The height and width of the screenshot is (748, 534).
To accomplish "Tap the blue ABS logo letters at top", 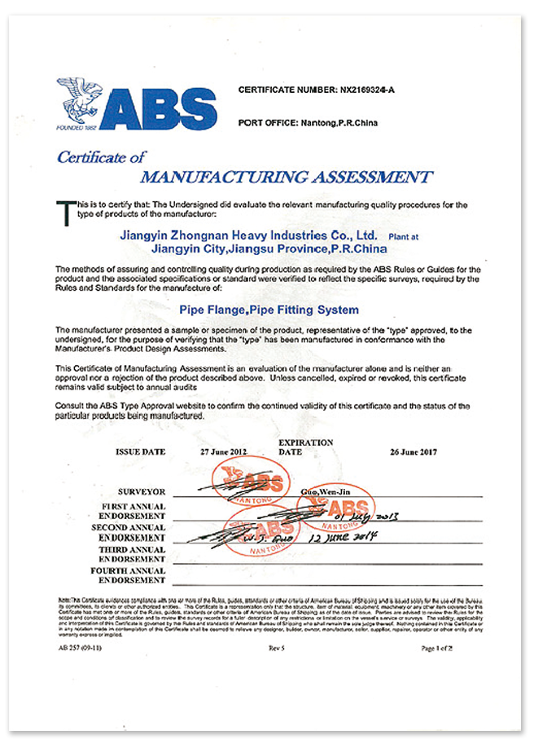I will (x=160, y=106).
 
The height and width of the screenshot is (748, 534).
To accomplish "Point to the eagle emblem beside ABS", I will (x=81, y=100).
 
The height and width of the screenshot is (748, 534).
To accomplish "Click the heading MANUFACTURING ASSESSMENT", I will (x=287, y=177).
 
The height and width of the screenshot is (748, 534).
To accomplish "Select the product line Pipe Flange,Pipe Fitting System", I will (x=269, y=310).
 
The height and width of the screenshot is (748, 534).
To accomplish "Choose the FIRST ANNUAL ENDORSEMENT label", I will (x=133, y=511).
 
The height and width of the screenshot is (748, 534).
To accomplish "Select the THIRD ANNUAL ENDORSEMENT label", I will (x=133, y=554).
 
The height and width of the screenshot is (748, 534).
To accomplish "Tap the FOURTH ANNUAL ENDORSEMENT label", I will (x=133, y=575).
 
